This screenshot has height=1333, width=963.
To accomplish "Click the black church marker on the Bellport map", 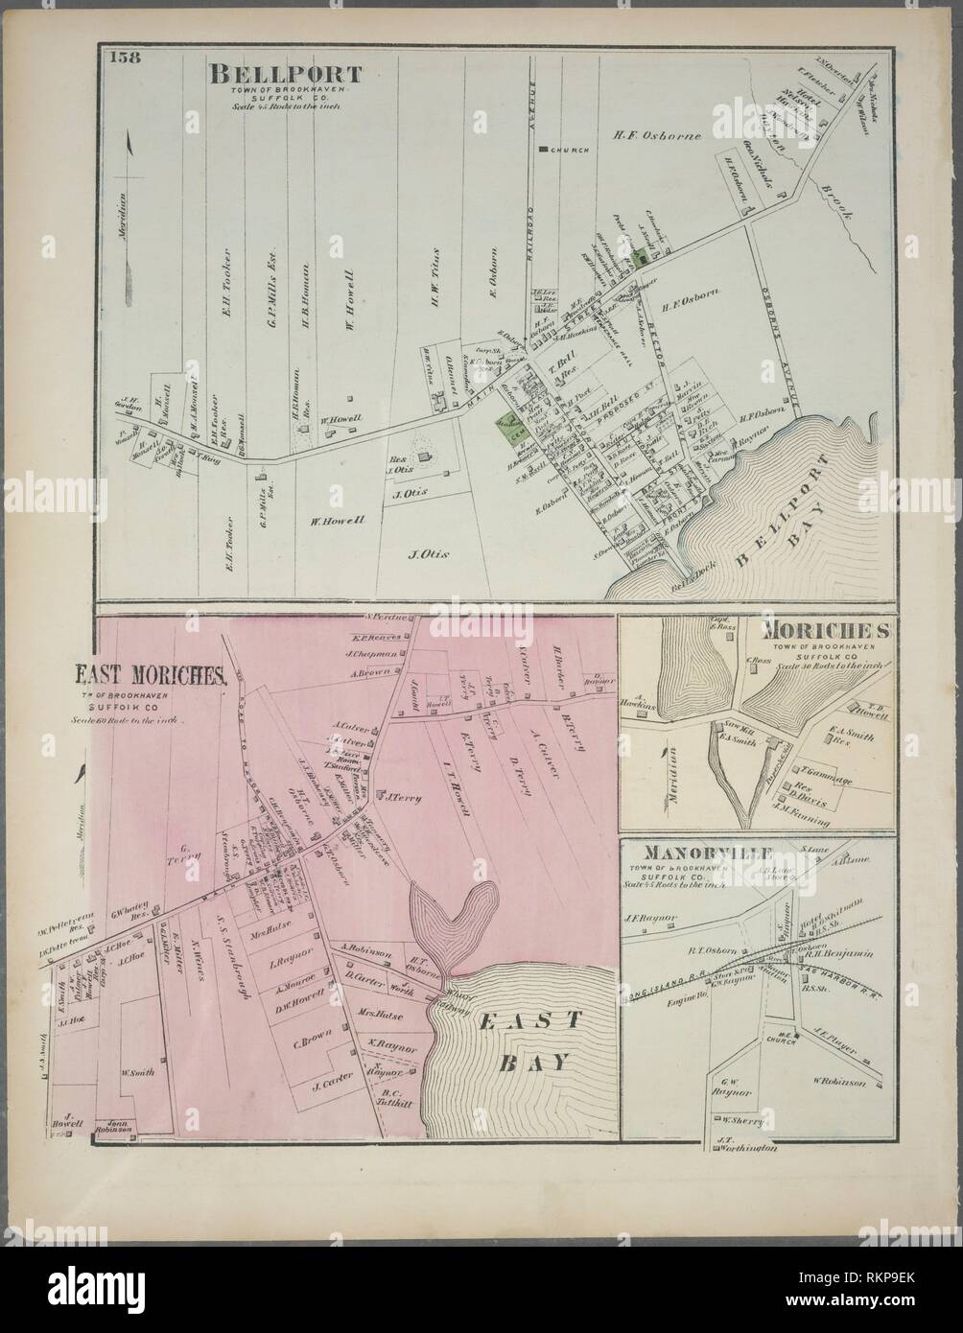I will tap(542, 150).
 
